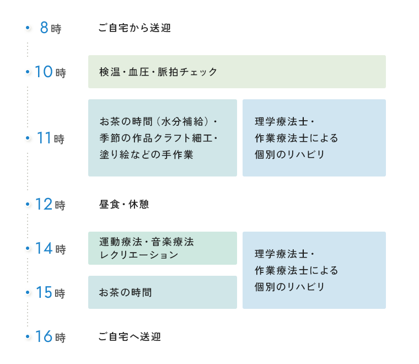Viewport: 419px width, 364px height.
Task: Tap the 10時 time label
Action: click(50, 72)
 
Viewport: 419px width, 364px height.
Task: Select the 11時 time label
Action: click(50, 138)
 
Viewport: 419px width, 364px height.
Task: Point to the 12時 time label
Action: click(50, 205)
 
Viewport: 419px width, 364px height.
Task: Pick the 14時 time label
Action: click(50, 249)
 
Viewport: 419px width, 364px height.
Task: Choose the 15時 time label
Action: click(50, 293)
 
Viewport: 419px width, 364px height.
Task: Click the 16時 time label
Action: click(50, 337)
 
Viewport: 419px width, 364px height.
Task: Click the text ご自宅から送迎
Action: click(135, 28)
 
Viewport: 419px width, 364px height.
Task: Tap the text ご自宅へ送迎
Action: click(130, 336)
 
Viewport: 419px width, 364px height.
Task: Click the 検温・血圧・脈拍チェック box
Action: click(237, 72)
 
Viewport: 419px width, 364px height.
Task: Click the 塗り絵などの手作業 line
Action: click(146, 154)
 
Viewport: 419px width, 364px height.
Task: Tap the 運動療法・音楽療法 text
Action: click(147, 242)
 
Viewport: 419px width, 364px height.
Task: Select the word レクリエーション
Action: click(139, 255)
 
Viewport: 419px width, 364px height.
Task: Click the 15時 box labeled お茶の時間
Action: click(162, 292)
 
